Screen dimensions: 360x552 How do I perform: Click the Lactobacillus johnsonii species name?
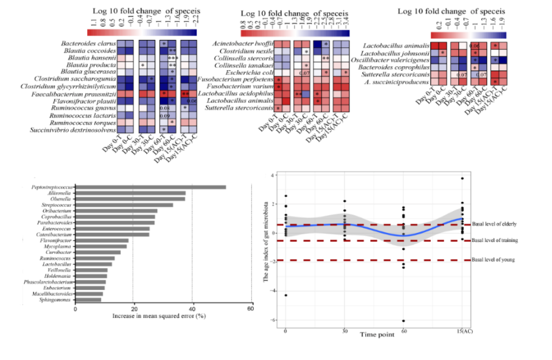coord(395,52)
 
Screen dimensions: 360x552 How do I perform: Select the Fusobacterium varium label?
coord(239,86)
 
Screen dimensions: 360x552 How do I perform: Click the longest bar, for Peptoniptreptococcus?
coord(151,188)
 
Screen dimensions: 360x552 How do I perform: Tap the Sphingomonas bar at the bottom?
coord(89,300)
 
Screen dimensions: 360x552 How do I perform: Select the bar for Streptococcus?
coord(124,205)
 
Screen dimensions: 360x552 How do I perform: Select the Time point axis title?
coord(378,335)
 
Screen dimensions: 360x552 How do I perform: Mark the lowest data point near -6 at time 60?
coord(404,321)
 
